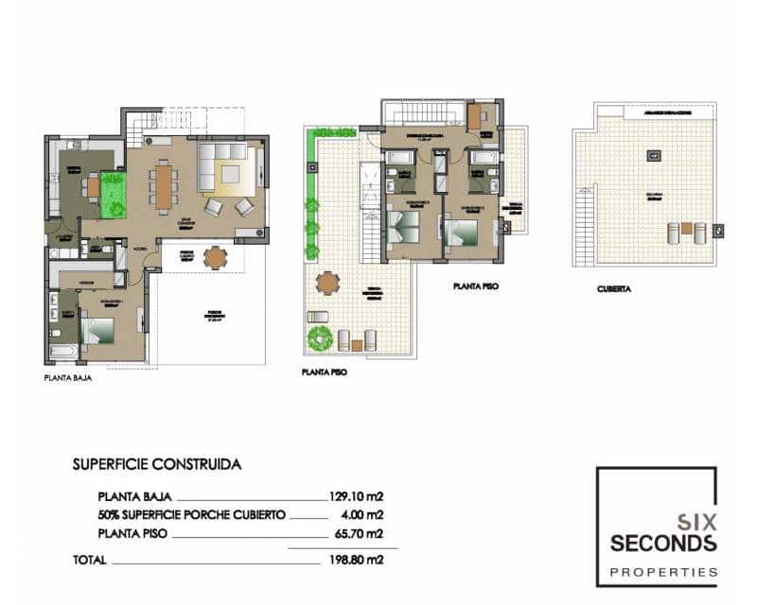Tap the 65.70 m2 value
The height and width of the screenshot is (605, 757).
(x=361, y=534)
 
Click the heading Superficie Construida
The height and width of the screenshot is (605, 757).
(x=156, y=464)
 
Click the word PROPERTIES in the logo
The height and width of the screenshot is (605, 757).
(x=663, y=572)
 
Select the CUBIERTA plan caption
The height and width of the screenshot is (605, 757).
(x=614, y=289)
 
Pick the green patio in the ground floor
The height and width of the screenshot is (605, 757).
(x=114, y=194)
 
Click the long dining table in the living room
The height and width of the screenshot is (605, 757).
(x=164, y=185)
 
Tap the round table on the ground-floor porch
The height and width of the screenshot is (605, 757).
(x=216, y=256)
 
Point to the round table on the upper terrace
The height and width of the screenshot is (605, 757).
(x=327, y=282)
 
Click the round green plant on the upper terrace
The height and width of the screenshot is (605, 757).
(x=319, y=337)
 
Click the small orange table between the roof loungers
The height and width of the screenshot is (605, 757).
(x=687, y=229)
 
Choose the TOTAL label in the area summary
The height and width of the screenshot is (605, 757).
(x=90, y=560)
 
